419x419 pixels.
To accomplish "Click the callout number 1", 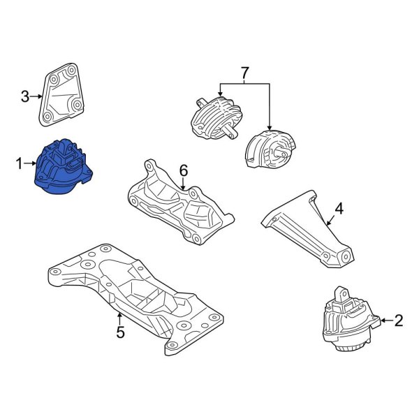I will coord(19,164).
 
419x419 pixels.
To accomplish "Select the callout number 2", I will coord(399,321).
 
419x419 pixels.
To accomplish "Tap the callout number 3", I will coord(24,96).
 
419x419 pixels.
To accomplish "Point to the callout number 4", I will coord(339,208).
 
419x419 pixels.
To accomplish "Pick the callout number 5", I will coord(120,332).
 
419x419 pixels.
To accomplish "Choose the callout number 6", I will coord(184,170).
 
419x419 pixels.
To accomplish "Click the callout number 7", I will coord(244,72).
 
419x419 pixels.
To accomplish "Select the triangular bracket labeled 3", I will coord(64,96).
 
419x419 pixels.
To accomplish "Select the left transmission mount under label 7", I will coord(214,115).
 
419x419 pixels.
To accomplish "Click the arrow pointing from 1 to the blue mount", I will coord(30,164).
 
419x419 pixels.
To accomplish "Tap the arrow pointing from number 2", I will coord(386,321).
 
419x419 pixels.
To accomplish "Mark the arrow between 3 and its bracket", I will coord(36,96).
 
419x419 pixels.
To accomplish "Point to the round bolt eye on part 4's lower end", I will coord(341,262).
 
